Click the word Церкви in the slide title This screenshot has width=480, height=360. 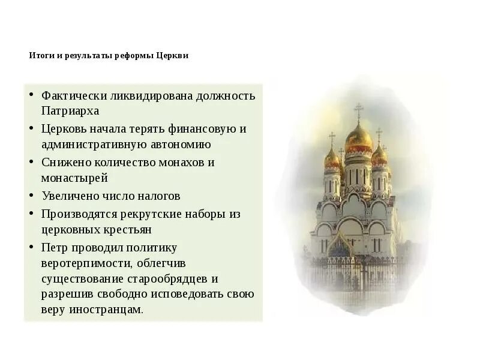click(173, 56)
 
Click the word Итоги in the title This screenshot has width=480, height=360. click(40, 56)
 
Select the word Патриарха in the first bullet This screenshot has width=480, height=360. click(70, 111)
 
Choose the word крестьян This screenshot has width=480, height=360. click(128, 229)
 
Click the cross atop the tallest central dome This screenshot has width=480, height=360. click(359, 110)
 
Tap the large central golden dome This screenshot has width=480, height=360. click(359, 138)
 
